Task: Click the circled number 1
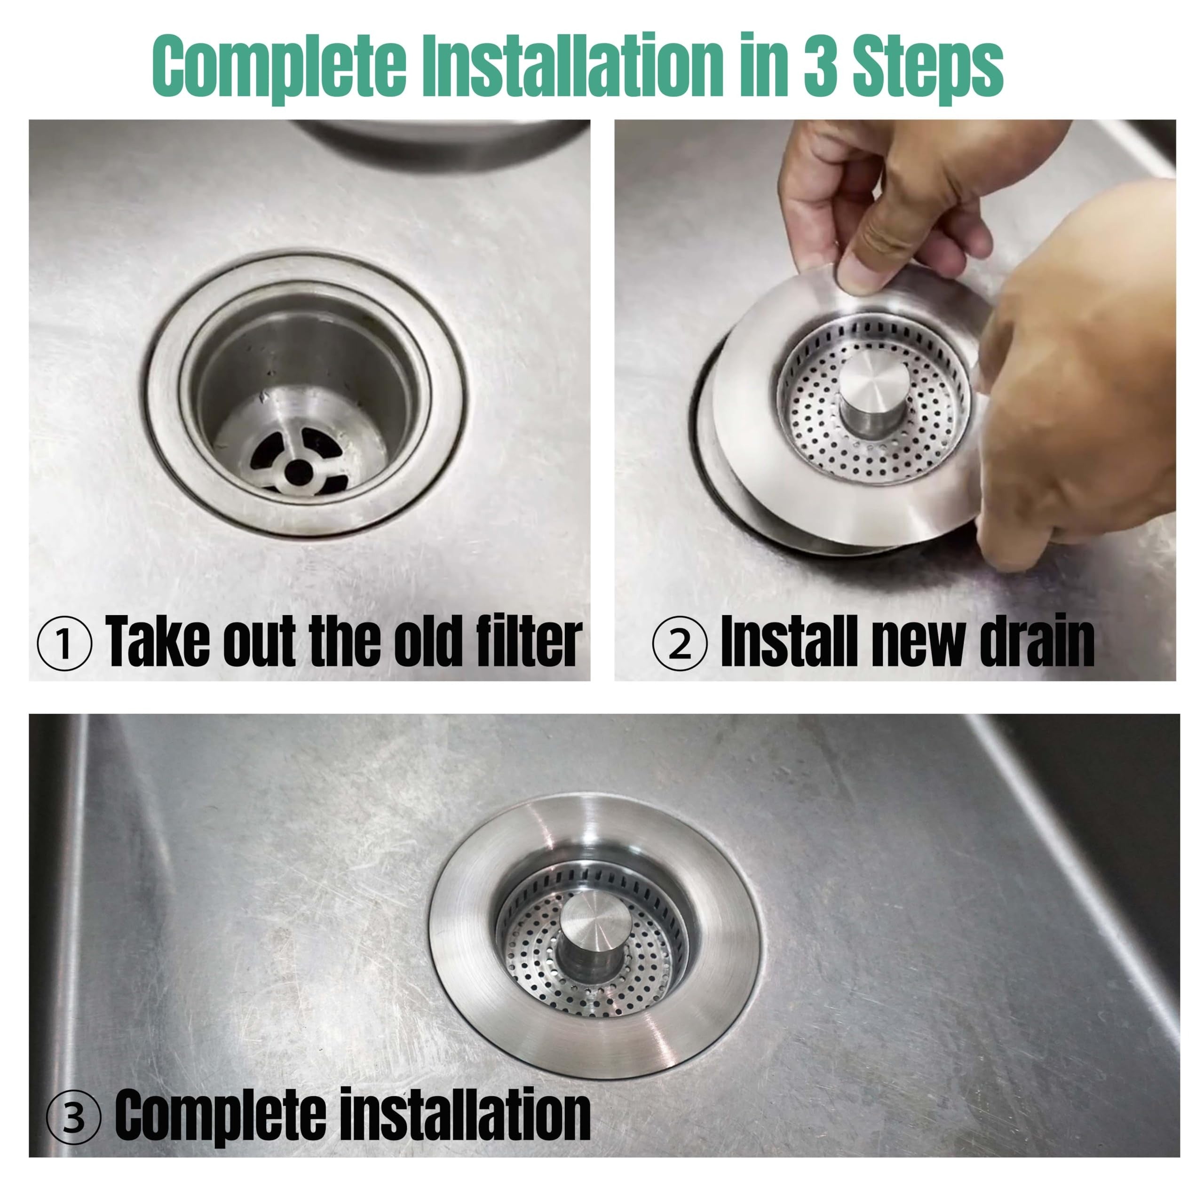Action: (65, 642)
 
